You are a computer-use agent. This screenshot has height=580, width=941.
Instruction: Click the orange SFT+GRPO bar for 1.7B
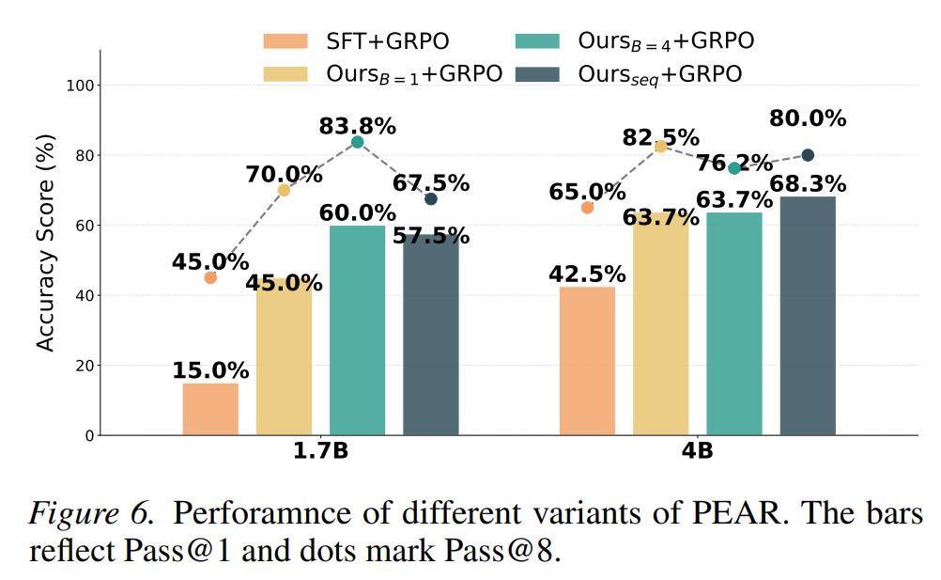pyautogui.click(x=210, y=409)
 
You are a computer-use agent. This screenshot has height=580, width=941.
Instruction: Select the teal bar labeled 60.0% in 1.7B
pyautogui.click(x=358, y=330)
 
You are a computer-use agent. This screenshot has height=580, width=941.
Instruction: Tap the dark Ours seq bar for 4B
pyautogui.click(x=808, y=316)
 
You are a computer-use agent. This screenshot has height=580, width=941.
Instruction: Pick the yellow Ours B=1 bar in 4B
pyautogui.click(x=660, y=323)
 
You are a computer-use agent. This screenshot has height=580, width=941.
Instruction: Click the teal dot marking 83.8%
pyautogui.click(x=358, y=142)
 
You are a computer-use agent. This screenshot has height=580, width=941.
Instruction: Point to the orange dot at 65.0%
pyautogui.click(x=587, y=208)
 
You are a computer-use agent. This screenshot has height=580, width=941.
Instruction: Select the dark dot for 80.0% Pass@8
pyautogui.click(x=808, y=155)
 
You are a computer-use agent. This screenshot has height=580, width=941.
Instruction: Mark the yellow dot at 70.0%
pyautogui.click(x=284, y=190)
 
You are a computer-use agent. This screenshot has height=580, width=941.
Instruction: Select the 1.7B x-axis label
pyautogui.click(x=320, y=451)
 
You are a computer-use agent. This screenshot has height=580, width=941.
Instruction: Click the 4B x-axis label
pyautogui.click(x=698, y=451)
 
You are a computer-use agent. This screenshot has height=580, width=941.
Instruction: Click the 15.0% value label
pyautogui.click(x=210, y=370)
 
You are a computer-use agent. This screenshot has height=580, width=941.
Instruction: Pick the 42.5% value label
pyautogui.click(x=587, y=274)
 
